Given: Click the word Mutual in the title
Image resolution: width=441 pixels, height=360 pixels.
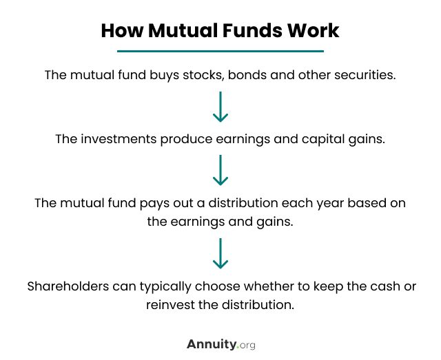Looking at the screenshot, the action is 183,30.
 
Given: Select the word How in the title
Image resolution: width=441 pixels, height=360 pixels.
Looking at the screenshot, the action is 123,30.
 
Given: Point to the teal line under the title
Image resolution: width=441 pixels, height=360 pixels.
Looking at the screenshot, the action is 220,51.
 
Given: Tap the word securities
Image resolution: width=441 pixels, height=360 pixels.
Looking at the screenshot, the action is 365,75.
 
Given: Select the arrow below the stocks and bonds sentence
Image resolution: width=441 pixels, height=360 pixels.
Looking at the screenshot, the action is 220,107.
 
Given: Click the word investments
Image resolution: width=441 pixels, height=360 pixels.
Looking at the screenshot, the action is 119,139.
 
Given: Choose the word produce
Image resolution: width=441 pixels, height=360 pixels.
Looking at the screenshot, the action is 186,140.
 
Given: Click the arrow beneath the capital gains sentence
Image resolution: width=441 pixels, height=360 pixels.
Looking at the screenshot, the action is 220,170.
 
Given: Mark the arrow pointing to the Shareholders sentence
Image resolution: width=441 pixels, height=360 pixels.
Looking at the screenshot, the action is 220,253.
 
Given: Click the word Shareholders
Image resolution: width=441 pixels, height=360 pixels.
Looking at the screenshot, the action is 68,286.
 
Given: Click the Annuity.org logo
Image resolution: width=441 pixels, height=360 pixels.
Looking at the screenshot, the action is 221,345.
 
